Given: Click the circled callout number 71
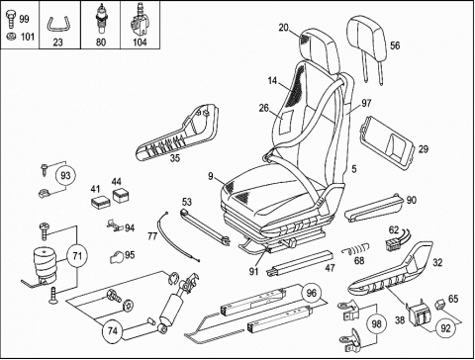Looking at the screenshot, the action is [x=77, y=256].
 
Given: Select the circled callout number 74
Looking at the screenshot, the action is [x=113, y=330].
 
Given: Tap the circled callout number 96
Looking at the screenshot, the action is [x=311, y=293].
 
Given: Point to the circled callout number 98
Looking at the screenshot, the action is [x=376, y=324].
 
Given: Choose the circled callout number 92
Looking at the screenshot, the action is [x=445, y=328].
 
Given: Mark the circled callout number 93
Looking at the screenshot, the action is [x=65, y=175].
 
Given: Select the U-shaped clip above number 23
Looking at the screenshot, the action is [x=57, y=25].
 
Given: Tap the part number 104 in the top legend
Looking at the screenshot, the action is [x=140, y=43].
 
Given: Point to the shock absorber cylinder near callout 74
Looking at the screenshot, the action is [x=171, y=309].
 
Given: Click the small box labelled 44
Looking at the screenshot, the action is [x=121, y=195].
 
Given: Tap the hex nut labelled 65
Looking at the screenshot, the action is [x=439, y=305].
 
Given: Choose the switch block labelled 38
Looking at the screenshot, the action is [x=420, y=315].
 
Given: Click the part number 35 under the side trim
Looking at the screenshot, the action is [x=175, y=158].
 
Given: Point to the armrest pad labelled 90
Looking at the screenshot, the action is [x=374, y=207].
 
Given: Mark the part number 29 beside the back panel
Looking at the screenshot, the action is [x=424, y=149].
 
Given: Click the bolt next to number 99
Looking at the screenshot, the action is [x=11, y=19].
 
